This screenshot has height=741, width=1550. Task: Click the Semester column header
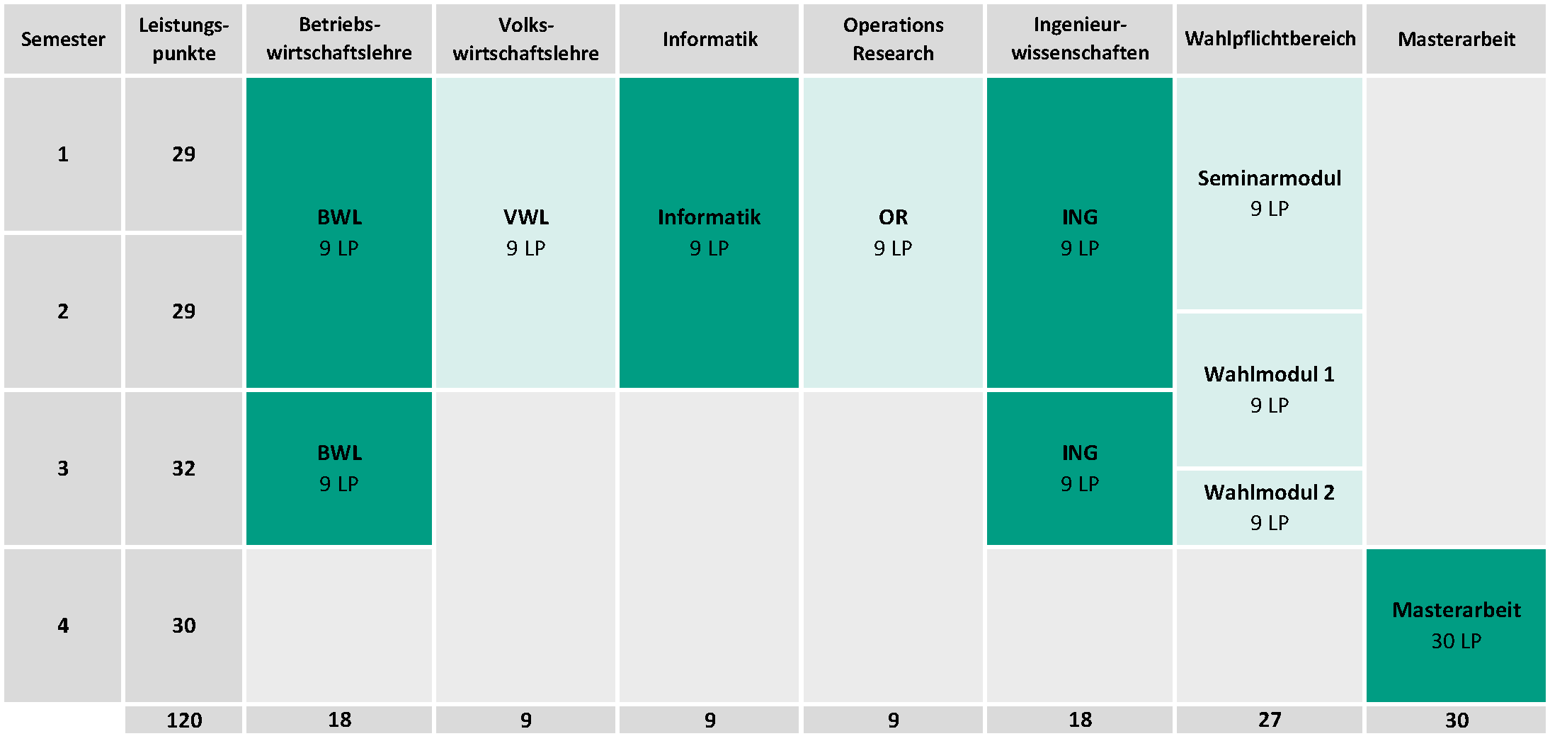coord(62,39)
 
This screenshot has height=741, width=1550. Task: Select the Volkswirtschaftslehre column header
coord(525,39)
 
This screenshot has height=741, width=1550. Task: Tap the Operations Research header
coord(893,39)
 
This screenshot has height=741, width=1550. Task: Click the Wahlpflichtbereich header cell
coord(1270,39)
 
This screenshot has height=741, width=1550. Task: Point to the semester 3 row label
coord(62,468)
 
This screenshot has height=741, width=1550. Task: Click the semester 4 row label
coord(62,625)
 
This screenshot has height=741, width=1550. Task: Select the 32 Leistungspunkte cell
coord(183,468)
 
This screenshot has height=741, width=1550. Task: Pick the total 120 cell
coord(183,720)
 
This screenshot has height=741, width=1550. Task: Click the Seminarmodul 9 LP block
coord(1270,193)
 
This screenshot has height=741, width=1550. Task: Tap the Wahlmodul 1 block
coord(1270,389)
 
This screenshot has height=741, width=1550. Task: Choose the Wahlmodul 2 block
coord(1270,507)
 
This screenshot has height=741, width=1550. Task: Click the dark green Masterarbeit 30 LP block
coord(1456,625)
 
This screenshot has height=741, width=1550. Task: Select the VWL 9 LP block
coord(525,233)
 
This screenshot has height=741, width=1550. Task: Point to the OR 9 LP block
coord(893,233)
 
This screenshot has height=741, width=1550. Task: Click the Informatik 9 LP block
coord(709,233)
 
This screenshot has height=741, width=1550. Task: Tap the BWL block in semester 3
coord(339,468)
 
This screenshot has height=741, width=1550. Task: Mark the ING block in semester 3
coord(1079,468)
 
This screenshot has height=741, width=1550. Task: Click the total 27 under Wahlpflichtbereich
coord(1270,720)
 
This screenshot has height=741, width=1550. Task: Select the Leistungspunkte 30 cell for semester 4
coord(183,625)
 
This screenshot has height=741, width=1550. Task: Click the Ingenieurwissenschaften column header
coord(1079,39)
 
